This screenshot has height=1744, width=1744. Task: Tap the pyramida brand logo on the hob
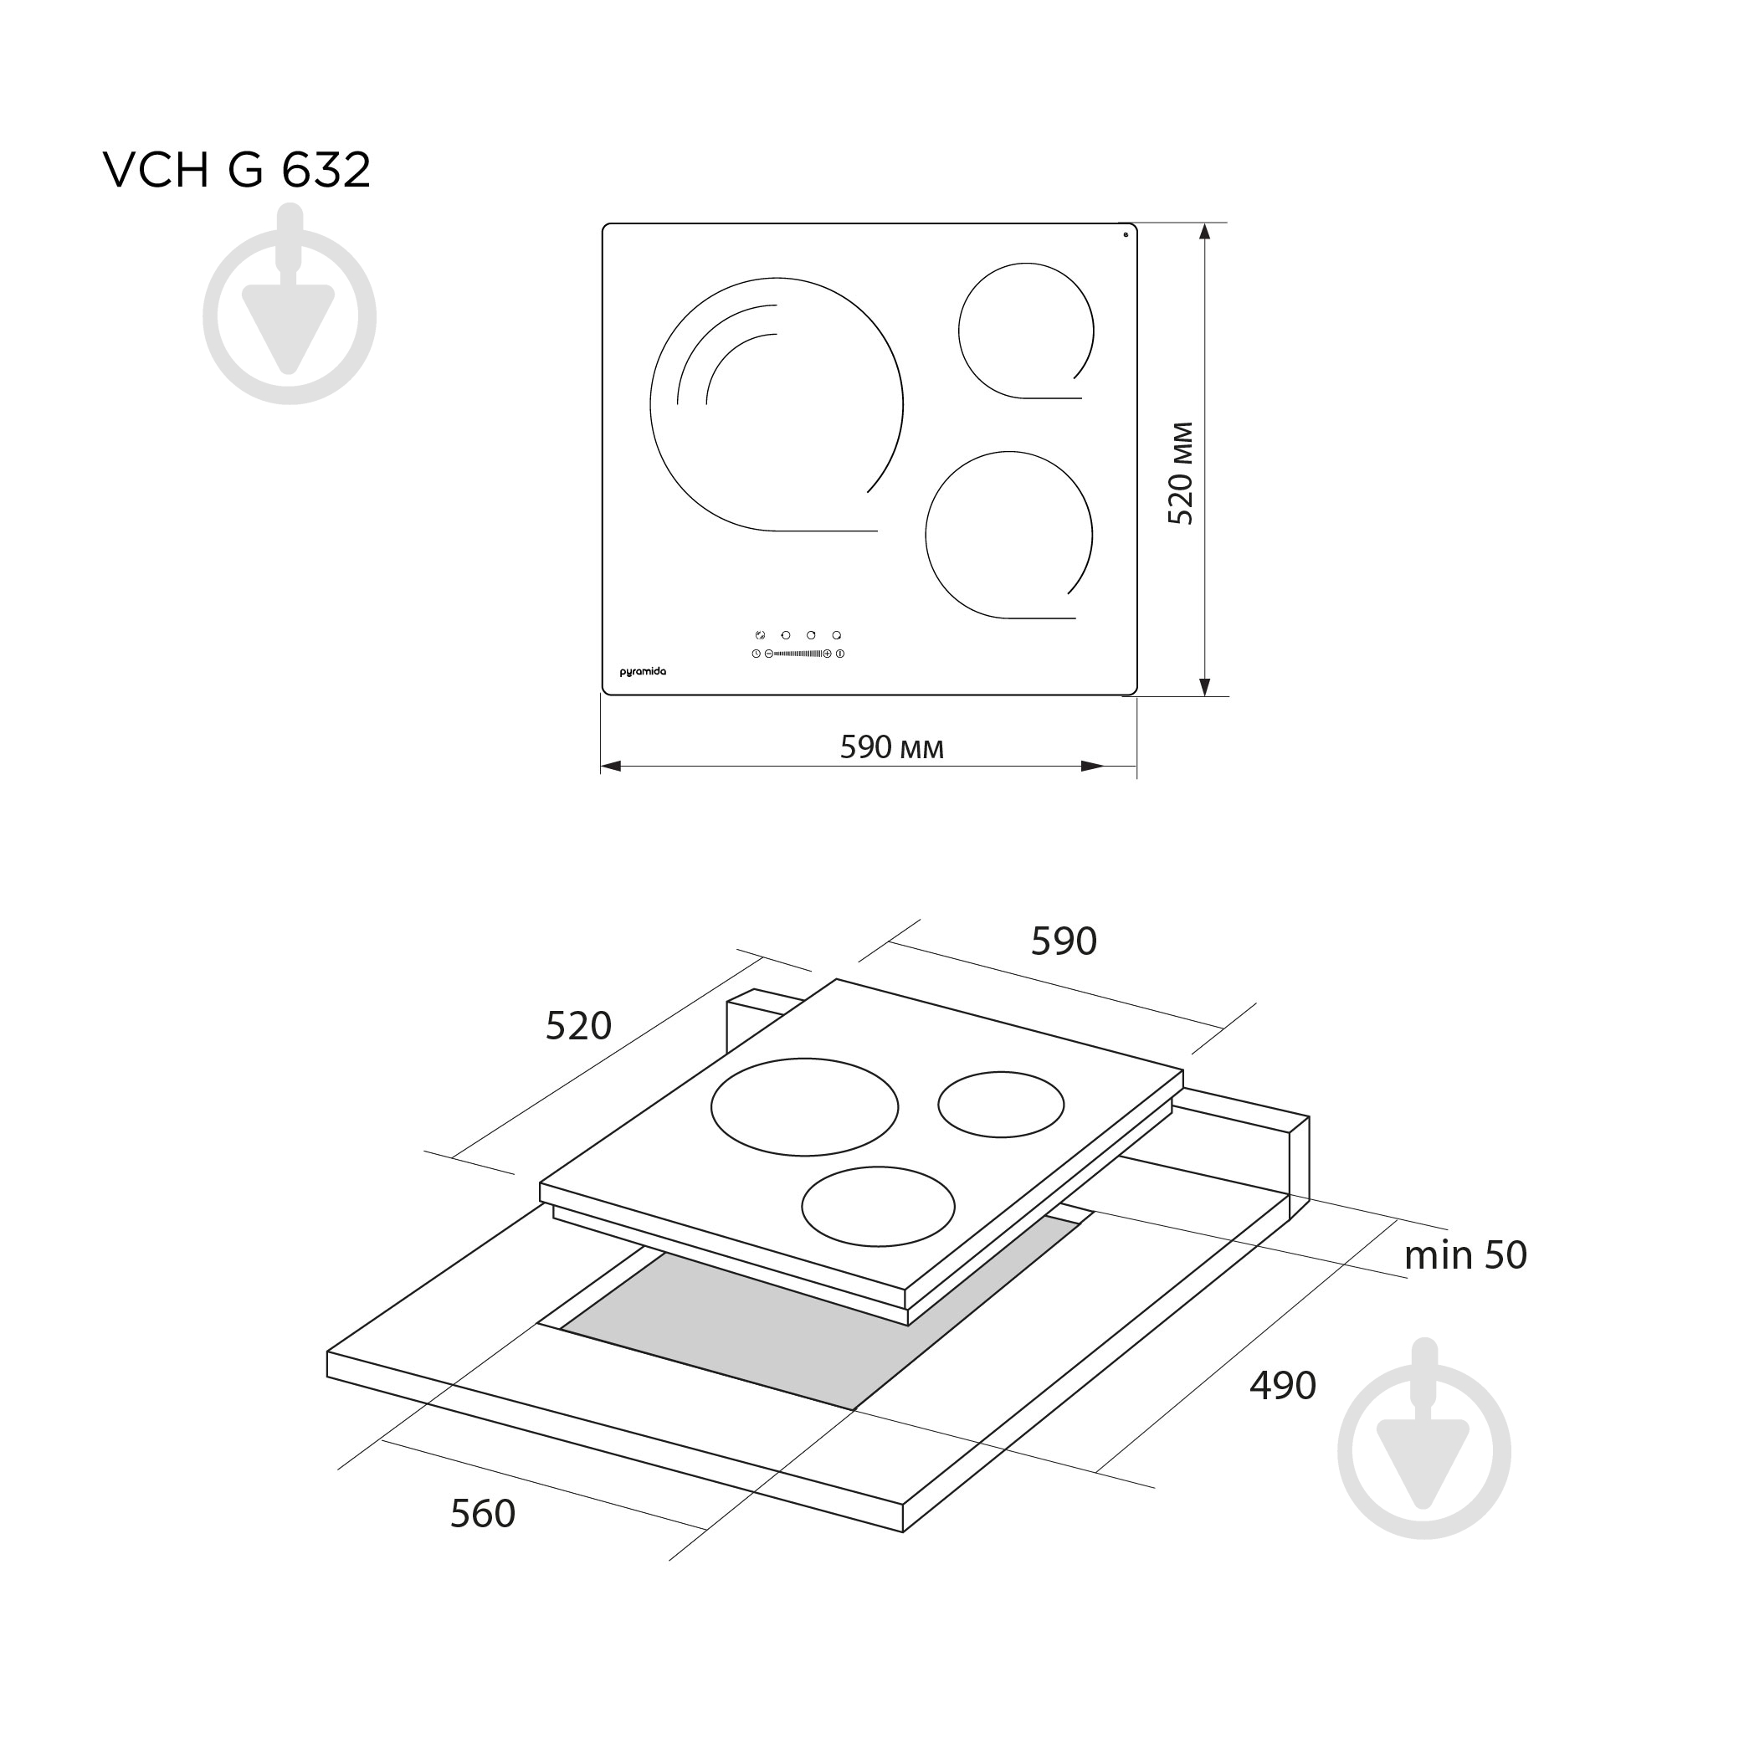(x=643, y=673)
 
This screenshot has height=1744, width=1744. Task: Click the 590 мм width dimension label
(x=892, y=747)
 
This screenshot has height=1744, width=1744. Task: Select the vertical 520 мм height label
(x=1181, y=473)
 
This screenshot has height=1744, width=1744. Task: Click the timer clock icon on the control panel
(x=757, y=654)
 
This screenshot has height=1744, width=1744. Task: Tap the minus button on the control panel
(x=769, y=654)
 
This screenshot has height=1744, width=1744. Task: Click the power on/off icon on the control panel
(x=840, y=654)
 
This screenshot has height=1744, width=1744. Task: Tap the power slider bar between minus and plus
(x=798, y=654)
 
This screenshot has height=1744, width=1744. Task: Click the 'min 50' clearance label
(x=1465, y=1255)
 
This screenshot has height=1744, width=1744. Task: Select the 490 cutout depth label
(x=1283, y=1385)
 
